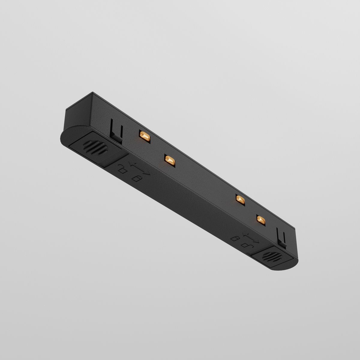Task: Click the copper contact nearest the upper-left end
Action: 144,136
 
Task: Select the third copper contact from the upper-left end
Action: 240,199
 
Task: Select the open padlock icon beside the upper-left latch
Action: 122,169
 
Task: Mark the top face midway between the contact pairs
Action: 204,174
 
